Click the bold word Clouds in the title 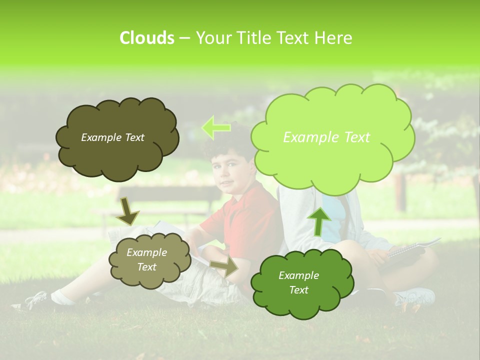point(146,38)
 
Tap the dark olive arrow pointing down point(127,211)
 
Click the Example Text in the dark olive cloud point(112,137)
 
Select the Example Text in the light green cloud point(326,137)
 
